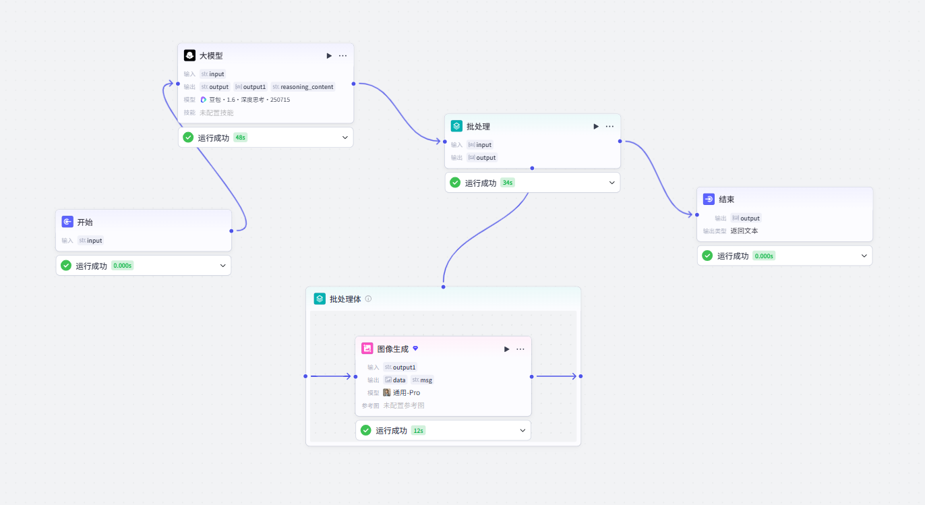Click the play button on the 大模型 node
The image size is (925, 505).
click(329, 56)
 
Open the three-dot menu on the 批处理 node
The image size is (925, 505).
click(609, 126)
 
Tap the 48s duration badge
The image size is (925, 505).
click(240, 138)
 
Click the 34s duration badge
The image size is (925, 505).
click(508, 183)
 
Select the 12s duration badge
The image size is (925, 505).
click(418, 431)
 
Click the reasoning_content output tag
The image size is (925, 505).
click(303, 87)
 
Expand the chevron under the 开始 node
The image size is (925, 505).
click(222, 266)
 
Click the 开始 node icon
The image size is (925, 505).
click(67, 222)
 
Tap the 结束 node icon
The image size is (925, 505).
click(709, 199)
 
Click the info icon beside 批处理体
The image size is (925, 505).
click(368, 299)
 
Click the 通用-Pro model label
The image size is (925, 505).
click(407, 392)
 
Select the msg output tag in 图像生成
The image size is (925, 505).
click(422, 380)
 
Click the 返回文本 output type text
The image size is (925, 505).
click(744, 231)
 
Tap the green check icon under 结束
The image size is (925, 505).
click(707, 256)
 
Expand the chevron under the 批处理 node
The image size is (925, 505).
click(612, 183)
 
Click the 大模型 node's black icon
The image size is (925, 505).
click(189, 55)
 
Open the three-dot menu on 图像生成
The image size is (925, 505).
click(520, 349)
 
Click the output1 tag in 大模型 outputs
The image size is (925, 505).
click(250, 87)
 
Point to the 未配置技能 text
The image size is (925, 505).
click(216, 113)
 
